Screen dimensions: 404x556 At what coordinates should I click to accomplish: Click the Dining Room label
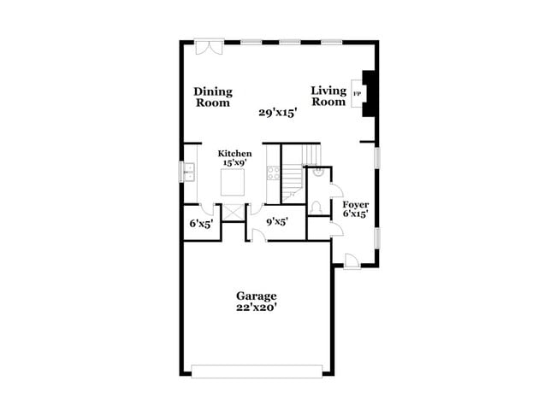(212, 97)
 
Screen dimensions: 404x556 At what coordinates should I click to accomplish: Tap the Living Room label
(328, 96)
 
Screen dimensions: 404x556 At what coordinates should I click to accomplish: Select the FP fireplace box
(358, 94)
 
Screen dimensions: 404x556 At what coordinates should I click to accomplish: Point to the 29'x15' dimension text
(278, 113)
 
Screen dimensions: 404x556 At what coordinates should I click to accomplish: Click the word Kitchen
(234, 154)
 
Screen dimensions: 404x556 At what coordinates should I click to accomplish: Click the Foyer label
(355, 205)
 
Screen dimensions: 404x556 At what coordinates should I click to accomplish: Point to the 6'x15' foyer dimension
(355, 214)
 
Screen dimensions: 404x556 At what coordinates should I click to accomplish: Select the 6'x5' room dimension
(201, 224)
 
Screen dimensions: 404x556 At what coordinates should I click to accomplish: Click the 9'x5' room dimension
(275, 223)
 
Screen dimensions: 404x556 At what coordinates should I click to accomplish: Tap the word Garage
(256, 296)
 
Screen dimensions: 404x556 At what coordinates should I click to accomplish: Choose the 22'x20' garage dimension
(256, 307)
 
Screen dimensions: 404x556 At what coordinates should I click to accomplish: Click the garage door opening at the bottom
(257, 371)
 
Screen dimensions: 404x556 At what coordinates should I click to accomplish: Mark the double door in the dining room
(209, 47)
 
